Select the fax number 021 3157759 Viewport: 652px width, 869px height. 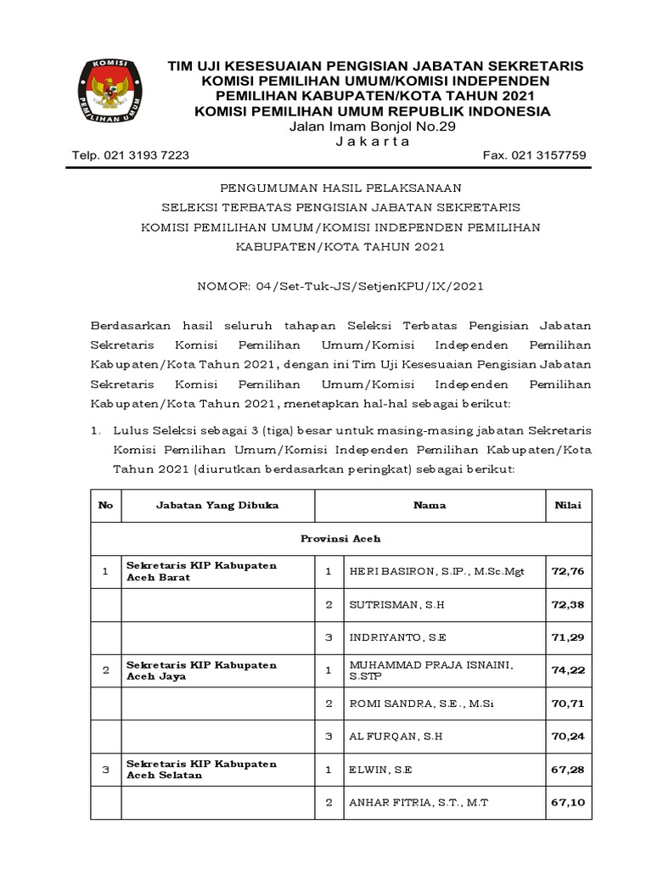[x=534, y=155]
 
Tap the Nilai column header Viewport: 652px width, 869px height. [x=567, y=505]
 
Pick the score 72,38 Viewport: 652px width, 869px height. [x=567, y=604]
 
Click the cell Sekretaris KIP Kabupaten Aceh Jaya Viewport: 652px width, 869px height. [x=201, y=670]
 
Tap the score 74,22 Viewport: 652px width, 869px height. [x=567, y=670]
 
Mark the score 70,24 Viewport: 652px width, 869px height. [x=567, y=736]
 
